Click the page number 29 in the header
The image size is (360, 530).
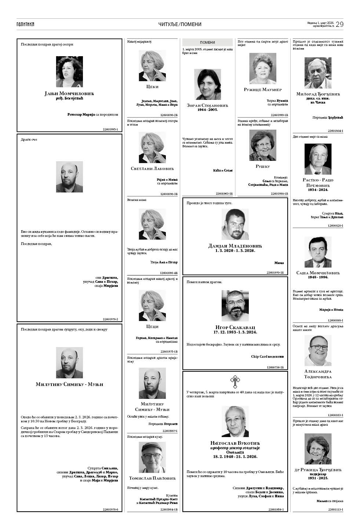tap(339, 24)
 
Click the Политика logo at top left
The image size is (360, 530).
tap(25, 24)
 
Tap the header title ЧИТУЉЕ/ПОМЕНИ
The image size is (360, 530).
tap(180, 24)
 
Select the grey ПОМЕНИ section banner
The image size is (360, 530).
tap(207, 42)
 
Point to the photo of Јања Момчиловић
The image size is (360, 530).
tap(69, 71)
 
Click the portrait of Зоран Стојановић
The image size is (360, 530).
tap(207, 84)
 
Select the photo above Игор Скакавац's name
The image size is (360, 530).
tap(235, 306)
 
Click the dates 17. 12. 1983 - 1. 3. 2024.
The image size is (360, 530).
tap(235, 332)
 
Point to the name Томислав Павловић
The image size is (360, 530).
tap(152, 478)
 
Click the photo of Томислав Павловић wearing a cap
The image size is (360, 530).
tap(152, 457)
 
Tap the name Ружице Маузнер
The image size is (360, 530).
tap(263, 90)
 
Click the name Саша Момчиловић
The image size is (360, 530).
tap(318, 273)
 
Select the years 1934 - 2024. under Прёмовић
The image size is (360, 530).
tap(318, 190)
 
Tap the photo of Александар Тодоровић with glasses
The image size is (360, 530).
tap(318, 350)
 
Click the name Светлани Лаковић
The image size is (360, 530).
tap(152, 169)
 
